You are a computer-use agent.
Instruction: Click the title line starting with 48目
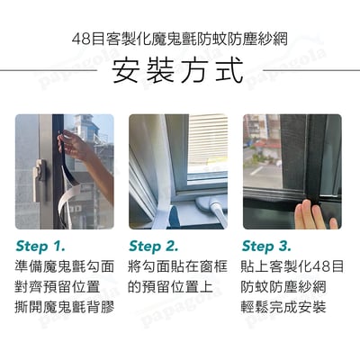pos(180,40)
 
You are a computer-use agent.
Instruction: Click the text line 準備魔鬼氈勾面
pos(66,267)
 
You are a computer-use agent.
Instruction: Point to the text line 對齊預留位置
pos(60,288)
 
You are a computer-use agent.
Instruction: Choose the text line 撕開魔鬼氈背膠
pos(66,309)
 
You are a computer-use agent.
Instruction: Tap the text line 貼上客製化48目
pos(293,267)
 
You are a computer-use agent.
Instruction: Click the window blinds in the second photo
pos(205,144)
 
